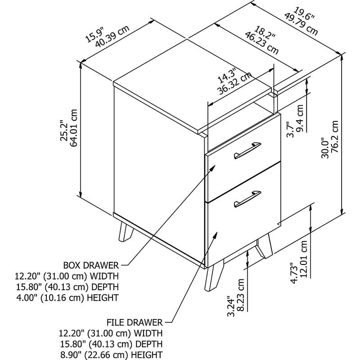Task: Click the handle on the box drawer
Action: tap(247, 150)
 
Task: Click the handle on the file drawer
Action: tap(247, 198)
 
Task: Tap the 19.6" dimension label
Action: tap(304, 14)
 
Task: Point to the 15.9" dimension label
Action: tap(94, 35)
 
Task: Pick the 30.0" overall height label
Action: tap(325, 148)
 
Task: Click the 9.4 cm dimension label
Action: tap(300, 118)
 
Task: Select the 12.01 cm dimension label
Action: tap(304, 259)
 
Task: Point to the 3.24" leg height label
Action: tap(231, 306)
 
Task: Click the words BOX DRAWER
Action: tap(91, 265)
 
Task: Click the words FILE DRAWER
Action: tap(135, 322)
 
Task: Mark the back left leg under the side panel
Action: tap(126, 229)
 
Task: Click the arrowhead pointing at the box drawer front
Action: tap(212, 168)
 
